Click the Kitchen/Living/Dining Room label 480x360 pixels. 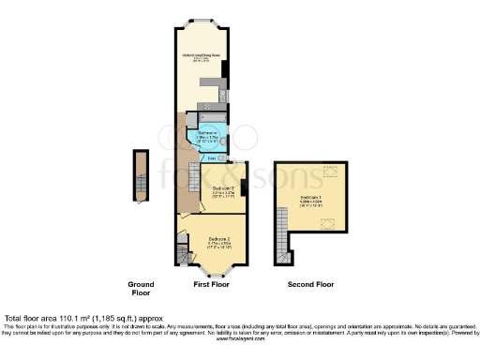tap(202, 56)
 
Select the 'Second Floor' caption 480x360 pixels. tap(310, 282)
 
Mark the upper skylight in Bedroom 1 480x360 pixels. tap(329, 170)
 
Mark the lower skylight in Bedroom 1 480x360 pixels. tap(329, 222)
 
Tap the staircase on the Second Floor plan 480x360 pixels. tap(278, 245)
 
